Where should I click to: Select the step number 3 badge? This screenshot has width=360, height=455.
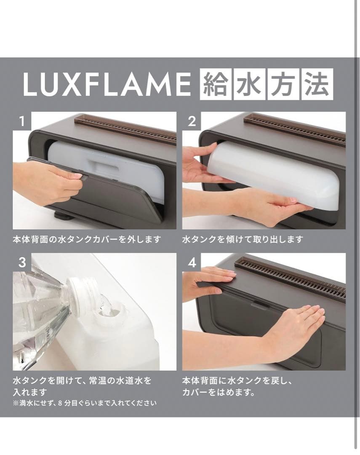pyautogui.click(x=22, y=262)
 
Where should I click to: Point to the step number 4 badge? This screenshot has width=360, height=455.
pyautogui.click(x=192, y=262)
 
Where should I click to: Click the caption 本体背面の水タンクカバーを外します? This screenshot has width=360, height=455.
pyautogui.click(x=87, y=240)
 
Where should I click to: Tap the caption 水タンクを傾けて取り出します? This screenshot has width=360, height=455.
pyautogui.click(x=243, y=240)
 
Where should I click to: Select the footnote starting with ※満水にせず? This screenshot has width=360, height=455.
pyautogui.click(x=85, y=403)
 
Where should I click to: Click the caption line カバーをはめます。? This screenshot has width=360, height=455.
pyautogui.click(x=219, y=393)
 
